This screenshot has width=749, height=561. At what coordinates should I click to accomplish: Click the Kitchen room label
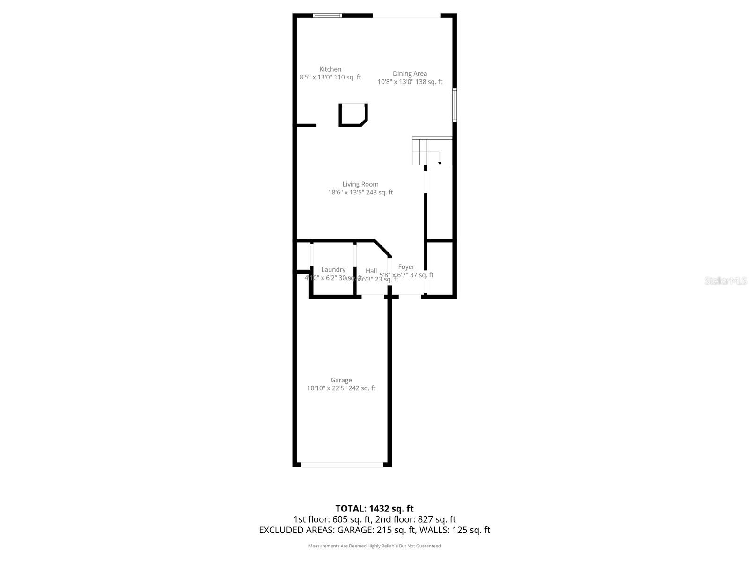330,69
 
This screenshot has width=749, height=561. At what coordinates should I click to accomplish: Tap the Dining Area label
410,73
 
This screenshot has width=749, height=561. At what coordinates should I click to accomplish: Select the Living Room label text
360,184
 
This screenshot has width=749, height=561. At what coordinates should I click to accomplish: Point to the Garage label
341,380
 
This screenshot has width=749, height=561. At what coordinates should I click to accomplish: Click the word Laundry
333,270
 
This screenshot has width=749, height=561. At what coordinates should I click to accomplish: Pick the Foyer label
406,267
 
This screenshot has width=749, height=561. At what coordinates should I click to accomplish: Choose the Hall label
371,271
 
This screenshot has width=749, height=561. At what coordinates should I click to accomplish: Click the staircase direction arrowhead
440,163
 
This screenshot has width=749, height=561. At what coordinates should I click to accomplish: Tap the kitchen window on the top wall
327,15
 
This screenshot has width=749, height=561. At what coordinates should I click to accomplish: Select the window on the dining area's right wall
455,105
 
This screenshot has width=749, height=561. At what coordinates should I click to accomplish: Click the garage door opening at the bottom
342,465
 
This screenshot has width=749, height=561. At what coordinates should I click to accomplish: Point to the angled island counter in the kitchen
353,115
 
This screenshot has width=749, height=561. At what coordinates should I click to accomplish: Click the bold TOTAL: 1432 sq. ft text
374,509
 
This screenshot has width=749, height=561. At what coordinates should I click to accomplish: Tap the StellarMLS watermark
726,280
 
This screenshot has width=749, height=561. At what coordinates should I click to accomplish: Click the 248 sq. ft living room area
380,192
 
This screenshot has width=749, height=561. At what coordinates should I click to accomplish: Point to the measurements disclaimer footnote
374,546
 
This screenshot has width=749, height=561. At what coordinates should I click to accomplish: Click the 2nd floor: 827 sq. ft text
415,519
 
